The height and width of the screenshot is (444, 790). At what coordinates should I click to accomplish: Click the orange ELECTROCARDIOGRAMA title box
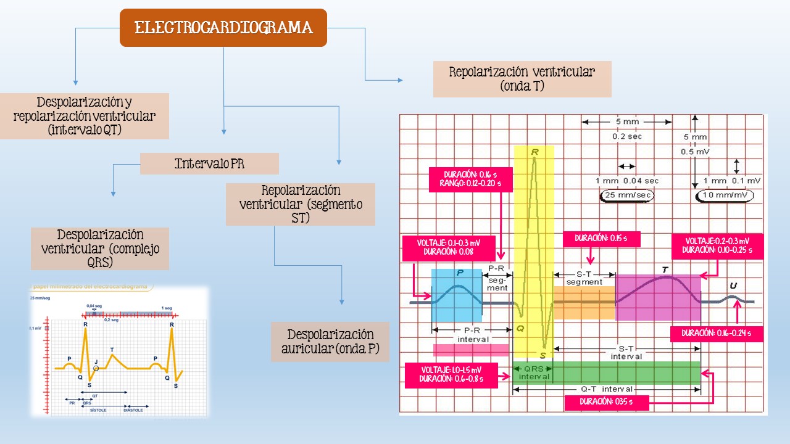tap(223, 28)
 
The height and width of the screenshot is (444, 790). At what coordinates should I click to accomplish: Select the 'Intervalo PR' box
tap(209, 164)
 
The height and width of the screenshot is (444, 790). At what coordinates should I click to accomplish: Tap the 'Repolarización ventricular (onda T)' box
tap(522, 79)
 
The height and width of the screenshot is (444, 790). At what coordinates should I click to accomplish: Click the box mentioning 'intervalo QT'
tap(85, 116)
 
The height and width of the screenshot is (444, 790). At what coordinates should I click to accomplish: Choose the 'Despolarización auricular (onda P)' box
tap(330, 342)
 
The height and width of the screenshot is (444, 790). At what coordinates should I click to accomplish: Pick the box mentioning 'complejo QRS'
tap(100, 249)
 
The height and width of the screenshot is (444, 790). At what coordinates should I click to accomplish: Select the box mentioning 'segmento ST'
tap(301, 204)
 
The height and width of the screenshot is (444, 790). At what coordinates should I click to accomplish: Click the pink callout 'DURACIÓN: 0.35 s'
tap(606, 403)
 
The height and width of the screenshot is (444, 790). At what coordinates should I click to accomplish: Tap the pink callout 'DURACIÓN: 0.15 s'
tap(601, 239)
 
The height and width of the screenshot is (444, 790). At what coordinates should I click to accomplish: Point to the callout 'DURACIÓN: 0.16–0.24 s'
tap(717, 334)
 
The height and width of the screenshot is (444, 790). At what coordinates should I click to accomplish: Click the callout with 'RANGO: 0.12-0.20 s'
tap(470, 179)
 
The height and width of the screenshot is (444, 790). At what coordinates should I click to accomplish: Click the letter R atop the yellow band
tap(533, 152)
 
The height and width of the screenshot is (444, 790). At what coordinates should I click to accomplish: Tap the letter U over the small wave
tap(733, 286)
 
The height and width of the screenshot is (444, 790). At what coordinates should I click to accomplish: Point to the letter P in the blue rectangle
tap(460, 273)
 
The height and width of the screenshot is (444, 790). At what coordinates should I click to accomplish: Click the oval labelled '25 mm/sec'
tap(626, 196)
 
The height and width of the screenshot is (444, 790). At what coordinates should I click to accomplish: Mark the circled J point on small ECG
tap(96, 368)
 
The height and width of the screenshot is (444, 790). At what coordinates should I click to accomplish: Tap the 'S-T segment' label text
tap(584, 278)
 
